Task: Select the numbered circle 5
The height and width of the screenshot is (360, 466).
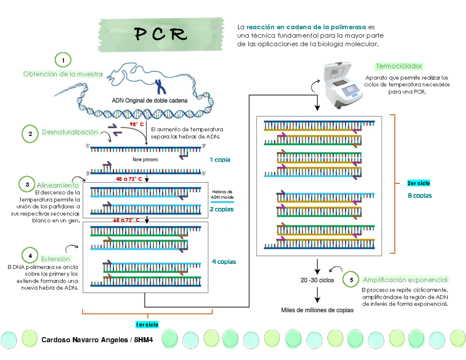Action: point(351,280)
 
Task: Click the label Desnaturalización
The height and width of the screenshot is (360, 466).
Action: point(70,132)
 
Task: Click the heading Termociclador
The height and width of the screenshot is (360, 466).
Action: point(399,66)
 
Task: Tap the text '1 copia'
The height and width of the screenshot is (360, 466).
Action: point(220,160)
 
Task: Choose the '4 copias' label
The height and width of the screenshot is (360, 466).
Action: point(224,262)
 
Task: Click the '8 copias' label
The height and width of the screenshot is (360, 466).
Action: point(419,196)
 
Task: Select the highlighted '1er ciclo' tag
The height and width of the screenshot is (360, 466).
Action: point(147,325)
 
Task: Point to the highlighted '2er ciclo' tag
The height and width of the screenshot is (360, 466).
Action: point(418,183)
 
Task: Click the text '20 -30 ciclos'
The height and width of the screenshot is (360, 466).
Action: point(317,280)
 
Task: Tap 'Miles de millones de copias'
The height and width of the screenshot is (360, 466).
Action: point(317,310)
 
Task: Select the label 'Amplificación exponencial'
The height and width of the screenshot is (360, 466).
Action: point(405,280)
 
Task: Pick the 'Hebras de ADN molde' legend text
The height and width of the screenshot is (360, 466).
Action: point(222,195)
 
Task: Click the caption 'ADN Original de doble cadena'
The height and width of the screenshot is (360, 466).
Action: point(150,100)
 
